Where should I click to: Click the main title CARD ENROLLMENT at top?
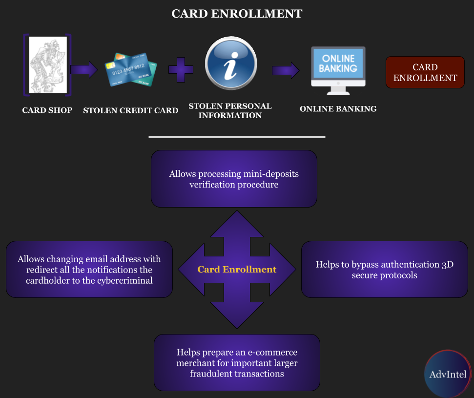[237, 13]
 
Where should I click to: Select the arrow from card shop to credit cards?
[84, 69]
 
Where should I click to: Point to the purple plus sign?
[181, 69]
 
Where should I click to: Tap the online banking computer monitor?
[338, 70]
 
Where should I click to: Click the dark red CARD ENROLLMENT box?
[425, 72]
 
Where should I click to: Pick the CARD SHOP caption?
[47, 110]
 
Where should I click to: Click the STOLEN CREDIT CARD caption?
[131, 110]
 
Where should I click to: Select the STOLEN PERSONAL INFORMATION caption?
[230, 111]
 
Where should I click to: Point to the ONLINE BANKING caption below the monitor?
[338, 109]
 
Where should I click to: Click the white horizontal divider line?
[237, 137]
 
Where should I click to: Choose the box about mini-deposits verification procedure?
[234, 179]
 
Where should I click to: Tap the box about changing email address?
[89, 270]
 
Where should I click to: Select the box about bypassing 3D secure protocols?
[385, 270]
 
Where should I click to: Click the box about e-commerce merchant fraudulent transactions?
[237, 362]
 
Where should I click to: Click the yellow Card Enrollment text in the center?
[237, 270]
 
